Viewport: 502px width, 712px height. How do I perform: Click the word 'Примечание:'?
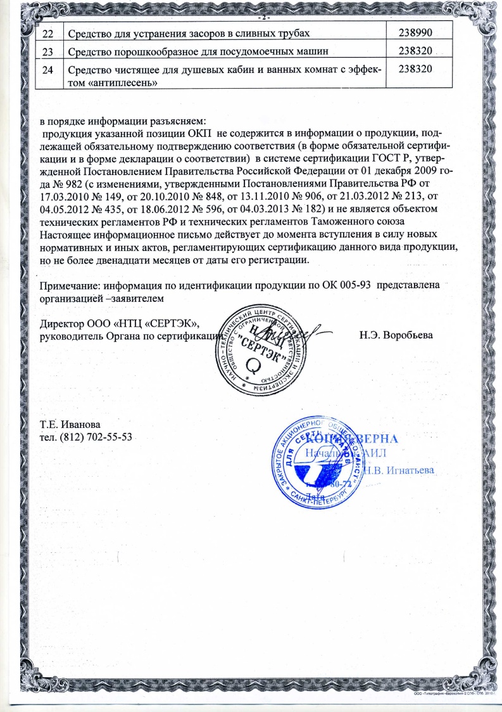pyautogui.click(x=70, y=285)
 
